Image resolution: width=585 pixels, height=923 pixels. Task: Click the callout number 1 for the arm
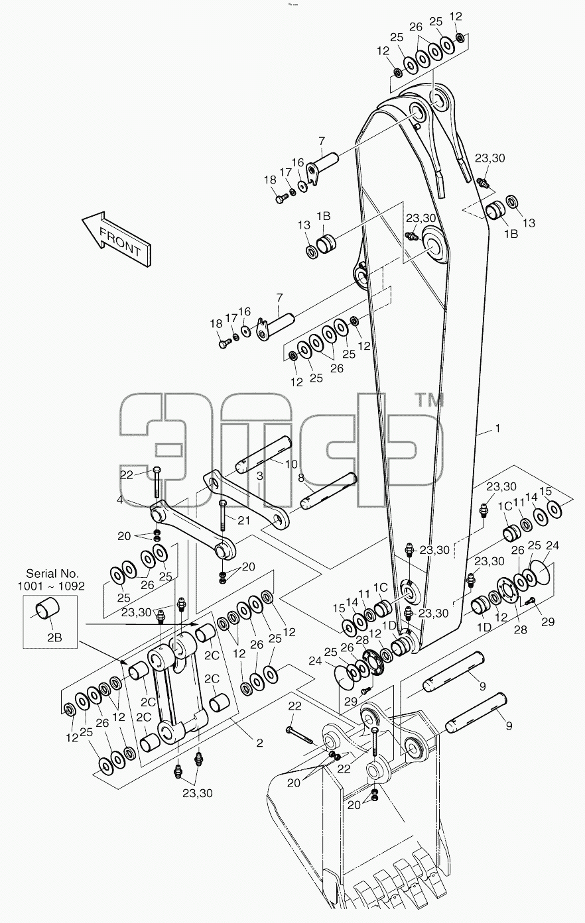497,429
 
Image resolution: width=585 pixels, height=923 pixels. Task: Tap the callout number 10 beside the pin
291,464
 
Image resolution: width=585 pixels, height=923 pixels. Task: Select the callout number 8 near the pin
300,478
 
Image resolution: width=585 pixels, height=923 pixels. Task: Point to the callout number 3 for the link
259,476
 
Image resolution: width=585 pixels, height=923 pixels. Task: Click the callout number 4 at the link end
119,500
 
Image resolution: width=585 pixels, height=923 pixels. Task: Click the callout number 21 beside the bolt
243,520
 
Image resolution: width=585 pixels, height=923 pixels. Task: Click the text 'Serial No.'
52,573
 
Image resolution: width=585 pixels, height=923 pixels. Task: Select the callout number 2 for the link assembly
259,743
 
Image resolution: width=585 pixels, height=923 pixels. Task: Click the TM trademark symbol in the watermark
428,400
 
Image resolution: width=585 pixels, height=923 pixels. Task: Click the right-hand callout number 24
552,545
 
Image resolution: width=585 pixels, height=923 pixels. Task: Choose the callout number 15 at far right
545,491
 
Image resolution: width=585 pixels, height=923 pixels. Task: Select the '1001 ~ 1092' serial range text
51,586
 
